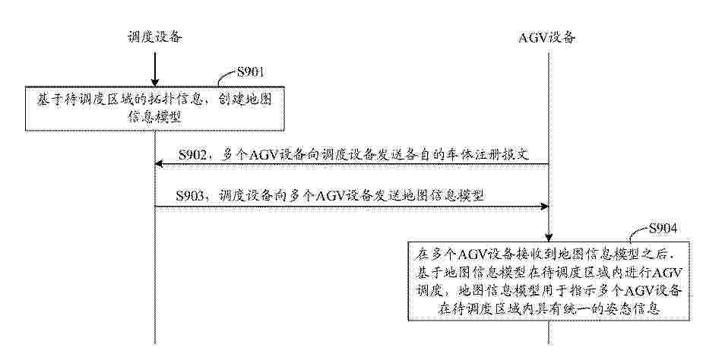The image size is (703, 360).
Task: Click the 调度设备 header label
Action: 155,36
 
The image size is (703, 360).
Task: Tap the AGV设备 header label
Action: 546,37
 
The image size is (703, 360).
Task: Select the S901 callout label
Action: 250,71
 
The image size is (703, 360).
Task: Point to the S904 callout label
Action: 662,229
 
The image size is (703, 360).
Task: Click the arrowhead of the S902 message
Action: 158,164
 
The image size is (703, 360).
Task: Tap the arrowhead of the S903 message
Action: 545,207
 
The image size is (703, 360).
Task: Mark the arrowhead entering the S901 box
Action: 155,82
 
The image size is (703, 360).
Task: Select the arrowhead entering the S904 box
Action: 548,238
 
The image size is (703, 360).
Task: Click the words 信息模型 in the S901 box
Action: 155,116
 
